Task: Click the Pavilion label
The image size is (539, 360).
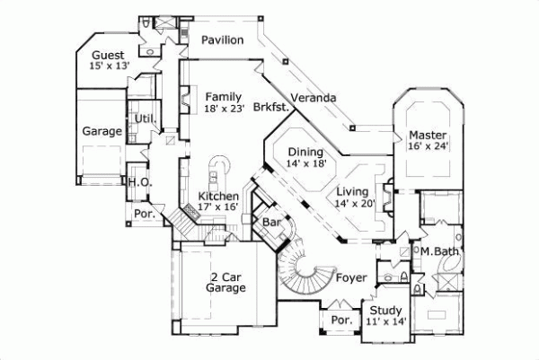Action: (223, 40)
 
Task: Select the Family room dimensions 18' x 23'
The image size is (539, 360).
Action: (223, 108)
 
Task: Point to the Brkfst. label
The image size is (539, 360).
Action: (270, 107)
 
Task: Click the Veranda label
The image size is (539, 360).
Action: (314, 97)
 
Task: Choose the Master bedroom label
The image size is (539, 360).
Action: (428, 135)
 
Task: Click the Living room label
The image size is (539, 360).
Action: (355, 191)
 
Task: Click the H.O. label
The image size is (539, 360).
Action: (138, 182)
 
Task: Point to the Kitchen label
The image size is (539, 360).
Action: (218, 196)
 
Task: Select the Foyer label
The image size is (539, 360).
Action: (350, 277)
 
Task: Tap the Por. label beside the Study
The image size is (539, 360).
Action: (340, 320)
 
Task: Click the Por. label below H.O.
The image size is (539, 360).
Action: (143, 214)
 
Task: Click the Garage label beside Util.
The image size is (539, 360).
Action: (102, 131)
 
